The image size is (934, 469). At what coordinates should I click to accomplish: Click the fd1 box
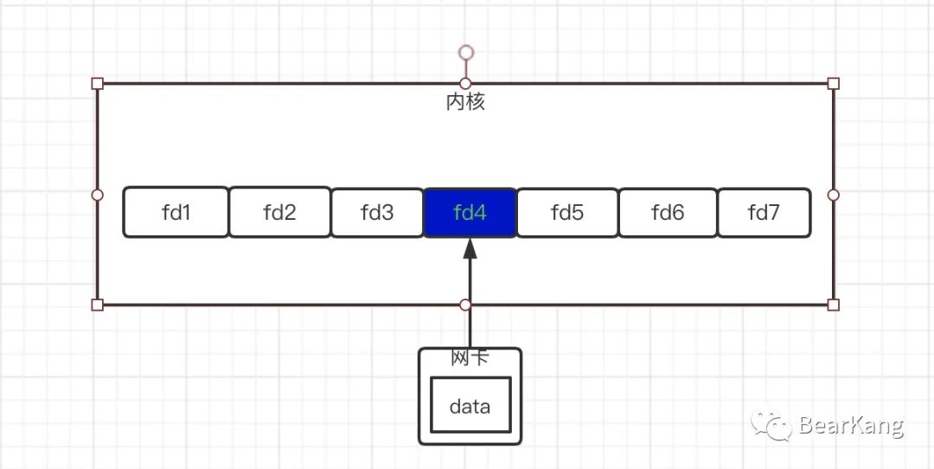176,212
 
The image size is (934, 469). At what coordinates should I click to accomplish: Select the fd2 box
279,212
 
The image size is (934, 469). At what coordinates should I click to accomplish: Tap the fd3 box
377,212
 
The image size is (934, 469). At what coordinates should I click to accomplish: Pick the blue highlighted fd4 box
470,212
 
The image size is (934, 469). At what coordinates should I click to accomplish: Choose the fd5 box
567,212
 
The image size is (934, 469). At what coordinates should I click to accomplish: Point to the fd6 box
668,212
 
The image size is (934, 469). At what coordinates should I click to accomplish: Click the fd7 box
764,212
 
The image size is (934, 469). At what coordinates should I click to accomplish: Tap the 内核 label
465,102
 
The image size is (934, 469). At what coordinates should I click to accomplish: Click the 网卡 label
470,357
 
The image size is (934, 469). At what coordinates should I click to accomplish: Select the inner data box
470,406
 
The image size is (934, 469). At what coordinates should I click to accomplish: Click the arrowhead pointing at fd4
470,248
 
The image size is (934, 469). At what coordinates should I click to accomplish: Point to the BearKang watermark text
851,426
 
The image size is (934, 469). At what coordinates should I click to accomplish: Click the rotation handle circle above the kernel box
466,53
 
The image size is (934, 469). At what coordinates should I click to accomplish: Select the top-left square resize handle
97,83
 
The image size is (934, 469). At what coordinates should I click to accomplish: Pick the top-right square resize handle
834,83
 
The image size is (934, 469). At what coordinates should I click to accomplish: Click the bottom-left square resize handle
97,305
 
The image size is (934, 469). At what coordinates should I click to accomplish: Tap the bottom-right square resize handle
834,305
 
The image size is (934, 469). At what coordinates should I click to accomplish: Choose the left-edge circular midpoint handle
97,195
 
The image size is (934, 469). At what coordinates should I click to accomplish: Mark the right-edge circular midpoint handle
834,195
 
